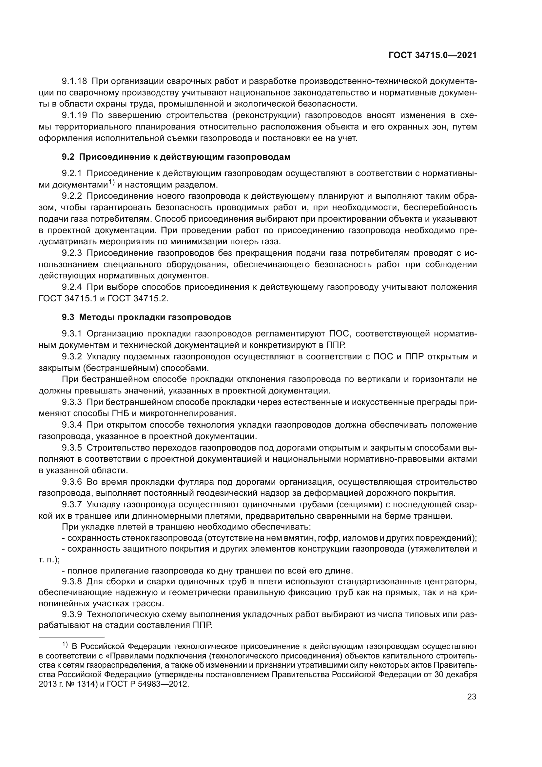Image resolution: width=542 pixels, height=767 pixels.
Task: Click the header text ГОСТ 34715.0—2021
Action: (433, 55)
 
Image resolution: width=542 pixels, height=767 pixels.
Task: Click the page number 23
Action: (472, 697)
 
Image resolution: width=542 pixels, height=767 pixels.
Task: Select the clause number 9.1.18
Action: (74, 81)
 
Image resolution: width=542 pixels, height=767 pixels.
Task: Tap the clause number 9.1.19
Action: (74, 115)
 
